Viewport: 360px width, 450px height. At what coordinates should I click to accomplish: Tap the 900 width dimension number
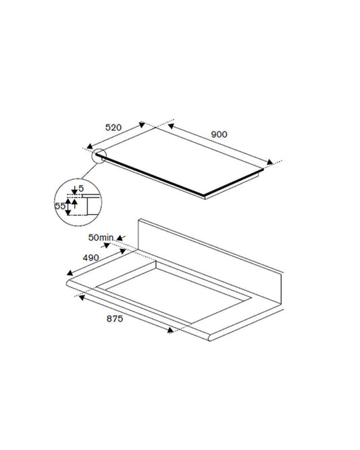pos(219,134)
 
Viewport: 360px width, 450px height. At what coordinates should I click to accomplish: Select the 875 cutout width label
pos(115,319)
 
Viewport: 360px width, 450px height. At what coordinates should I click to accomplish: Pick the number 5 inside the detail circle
pos(80,188)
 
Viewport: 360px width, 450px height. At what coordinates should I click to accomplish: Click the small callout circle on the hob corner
pos(99,155)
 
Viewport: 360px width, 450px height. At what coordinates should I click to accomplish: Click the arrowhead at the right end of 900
pos(272,161)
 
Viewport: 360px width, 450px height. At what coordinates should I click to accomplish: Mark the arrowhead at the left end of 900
pos(170,125)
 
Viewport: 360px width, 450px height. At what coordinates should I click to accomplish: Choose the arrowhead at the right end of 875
pos(171,330)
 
